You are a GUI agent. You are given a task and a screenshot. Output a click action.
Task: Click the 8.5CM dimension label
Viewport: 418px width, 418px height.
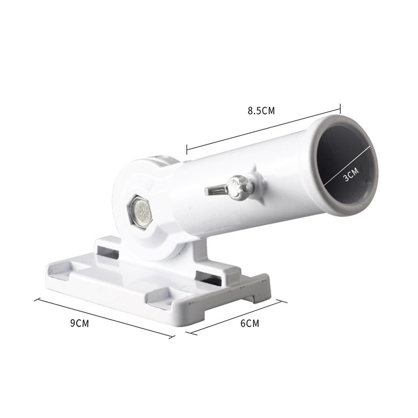coord(261,111)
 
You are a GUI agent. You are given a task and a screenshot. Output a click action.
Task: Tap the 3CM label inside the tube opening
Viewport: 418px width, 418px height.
coord(351,174)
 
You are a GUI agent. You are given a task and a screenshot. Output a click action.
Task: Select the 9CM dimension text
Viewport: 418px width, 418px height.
coord(79,323)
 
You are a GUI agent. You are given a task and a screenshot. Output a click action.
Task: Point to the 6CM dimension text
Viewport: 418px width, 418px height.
coord(249,323)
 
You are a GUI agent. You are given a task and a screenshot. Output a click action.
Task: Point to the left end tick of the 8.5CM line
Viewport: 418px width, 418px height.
coord(187,149)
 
